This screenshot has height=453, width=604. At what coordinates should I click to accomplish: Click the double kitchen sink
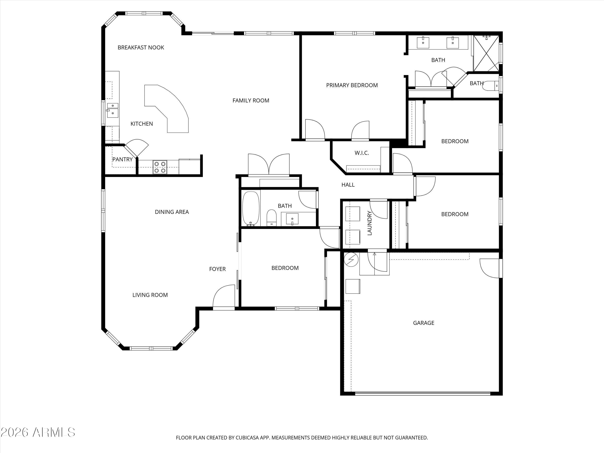[113, 110]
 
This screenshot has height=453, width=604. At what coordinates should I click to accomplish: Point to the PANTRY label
[122, 159]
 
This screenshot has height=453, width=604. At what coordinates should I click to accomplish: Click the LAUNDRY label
[369, 223]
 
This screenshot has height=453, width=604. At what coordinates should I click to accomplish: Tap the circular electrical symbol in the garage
[351, 259]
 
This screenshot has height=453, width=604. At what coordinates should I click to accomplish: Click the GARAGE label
[424, 323]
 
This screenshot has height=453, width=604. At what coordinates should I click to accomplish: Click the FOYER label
[217, 269]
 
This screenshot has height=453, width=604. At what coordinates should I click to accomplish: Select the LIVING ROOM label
[150, 295]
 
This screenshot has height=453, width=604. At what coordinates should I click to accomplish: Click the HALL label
[348, 185]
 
